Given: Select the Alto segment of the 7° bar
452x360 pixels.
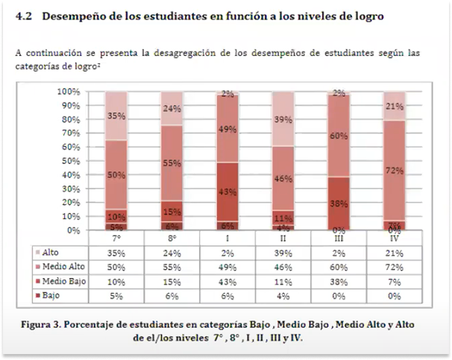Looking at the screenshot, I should (x=116, y=116).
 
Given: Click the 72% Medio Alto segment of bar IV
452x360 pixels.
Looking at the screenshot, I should (x=395, y=170).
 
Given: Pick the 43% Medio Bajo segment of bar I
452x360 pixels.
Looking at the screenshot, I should (x=227, y=192).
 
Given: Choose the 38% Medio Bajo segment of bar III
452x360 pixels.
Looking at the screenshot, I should (x=339, y=203).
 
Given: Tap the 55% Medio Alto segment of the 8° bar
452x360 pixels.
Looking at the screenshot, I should (x=172, y=162).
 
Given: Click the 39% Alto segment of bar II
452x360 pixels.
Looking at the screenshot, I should (x=283, y=119).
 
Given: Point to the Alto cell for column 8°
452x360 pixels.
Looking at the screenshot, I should (x=172, y=253).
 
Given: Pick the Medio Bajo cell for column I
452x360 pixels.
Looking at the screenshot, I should (x=227, y=281).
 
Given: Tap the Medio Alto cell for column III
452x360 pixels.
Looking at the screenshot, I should (x=339, y=267).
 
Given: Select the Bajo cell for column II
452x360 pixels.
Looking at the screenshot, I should (x=283, y=296).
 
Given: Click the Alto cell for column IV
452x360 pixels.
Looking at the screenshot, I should (x=395, y=253).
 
